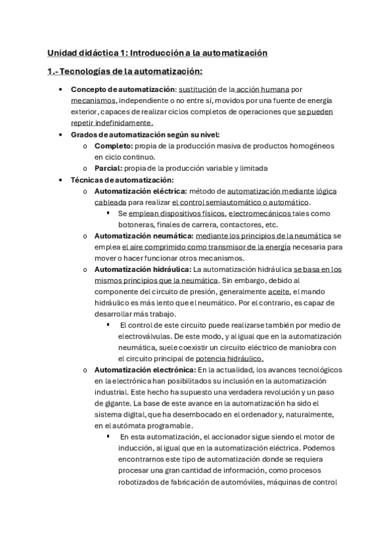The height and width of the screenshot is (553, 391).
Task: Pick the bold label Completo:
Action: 114,145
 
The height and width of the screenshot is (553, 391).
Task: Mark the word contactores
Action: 240,225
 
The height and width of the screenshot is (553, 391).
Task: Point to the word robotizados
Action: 140,483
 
